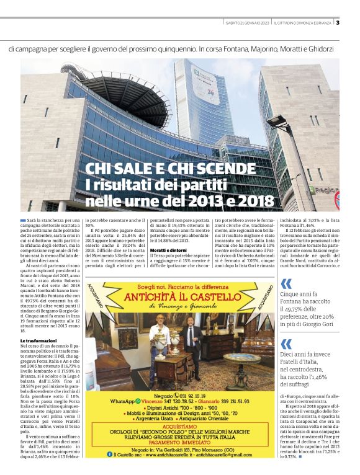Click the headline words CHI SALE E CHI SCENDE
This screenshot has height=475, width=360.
[170, 169]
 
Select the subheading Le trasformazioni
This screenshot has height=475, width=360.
[39, 341]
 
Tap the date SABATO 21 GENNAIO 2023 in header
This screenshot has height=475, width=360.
[248, 23]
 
